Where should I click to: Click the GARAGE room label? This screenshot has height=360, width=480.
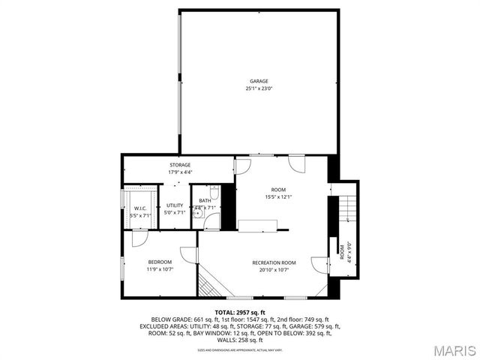pyautogui.click(x=259, y=81)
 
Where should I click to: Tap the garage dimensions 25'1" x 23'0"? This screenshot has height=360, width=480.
pyautogui.click(x=259, y=88)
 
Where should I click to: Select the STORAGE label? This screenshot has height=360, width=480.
pyautogui.click(x=180, y=165)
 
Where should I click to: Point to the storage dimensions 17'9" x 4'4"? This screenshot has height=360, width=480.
pyautogui.click(x=180, y=172)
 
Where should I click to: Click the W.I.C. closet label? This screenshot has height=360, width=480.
pyautogui.click(x=139, y=208)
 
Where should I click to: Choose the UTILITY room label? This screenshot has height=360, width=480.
pyautogui.click(x=175, y=205)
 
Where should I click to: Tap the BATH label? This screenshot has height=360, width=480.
pyautogui.click(x=205, y=200)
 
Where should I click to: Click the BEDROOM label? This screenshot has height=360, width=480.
pyautogui.click(x=160, y=262)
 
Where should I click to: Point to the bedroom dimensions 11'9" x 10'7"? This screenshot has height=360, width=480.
pyautogui.click(x=160, y=269)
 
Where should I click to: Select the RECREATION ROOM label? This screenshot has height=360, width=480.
pyautogui.click(x=274, y=262)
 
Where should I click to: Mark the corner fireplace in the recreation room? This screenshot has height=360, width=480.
pyautogui.click(x=210, y=284)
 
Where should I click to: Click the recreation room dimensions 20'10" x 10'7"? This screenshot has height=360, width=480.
pyautogui.click(x=274, y=270)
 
